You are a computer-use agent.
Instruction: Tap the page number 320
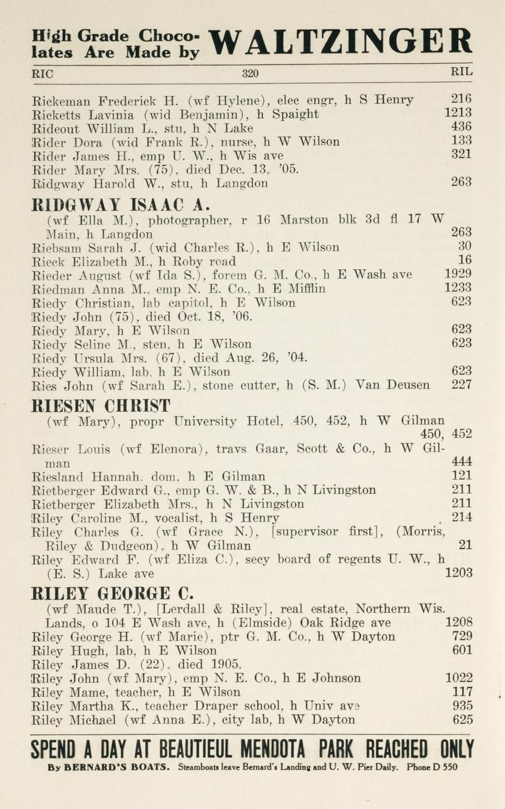(x=250, y=73)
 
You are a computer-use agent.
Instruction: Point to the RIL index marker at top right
(x=461, y=73)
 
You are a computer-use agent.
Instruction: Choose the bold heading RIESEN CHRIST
(x=100, y=405)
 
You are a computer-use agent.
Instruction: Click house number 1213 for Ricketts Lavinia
(x=458, y=113)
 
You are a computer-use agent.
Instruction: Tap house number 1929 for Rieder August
(x=458, y=274)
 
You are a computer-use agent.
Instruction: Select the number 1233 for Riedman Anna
(x=458, y=288)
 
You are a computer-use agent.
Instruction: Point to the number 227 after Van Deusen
(x=462, y=385)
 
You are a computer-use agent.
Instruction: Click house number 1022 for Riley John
(x=459, y=678)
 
